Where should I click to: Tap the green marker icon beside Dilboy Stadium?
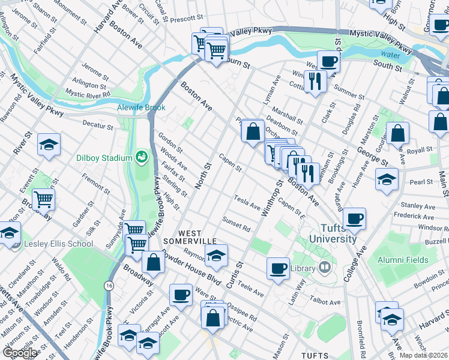(x=142, y=157)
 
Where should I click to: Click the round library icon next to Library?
(x=325, y=268)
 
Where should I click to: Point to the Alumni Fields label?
(x=403, y=260)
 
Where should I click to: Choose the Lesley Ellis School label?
(x=58, y=244)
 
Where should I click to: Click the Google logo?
(x=20, y=353)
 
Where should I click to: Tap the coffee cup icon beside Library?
(x=278, y=268)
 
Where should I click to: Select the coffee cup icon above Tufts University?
(x=355, y=218)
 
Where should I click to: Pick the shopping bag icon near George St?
(x=397, y=133)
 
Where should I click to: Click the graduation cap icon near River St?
(x=49, y=145)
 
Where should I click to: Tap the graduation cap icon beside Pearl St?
(x=387, y=179)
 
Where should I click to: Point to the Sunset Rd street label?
(x=236, y=224)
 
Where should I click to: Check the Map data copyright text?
(x=424, y=355)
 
